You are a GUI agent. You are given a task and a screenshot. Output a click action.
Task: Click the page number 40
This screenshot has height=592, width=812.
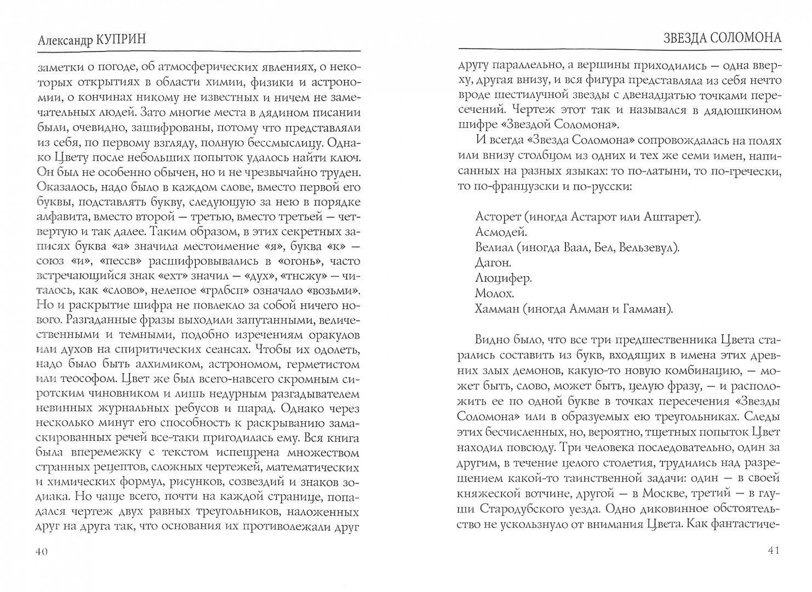(x=42, y=552)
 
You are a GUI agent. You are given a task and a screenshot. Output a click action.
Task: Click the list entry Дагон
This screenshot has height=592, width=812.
(x=494, y=263)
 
